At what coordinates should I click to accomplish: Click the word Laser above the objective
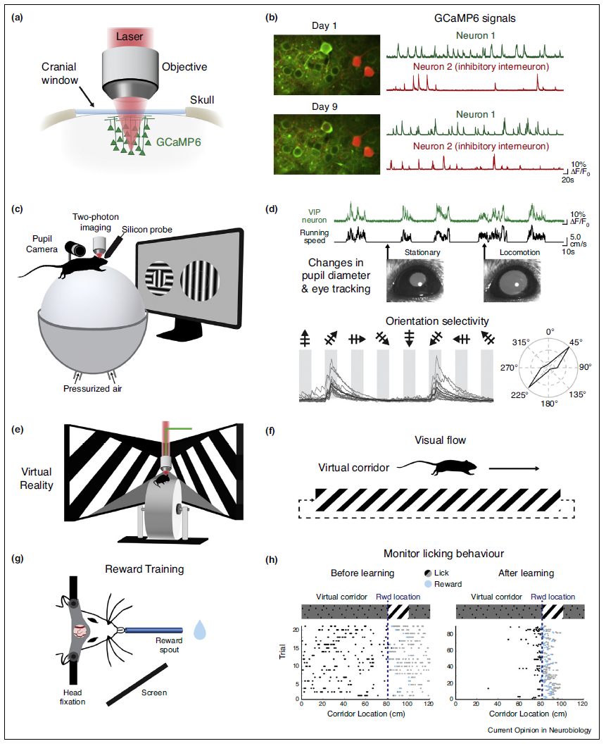coord(130,37)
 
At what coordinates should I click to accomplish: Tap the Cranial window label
coord(59,73)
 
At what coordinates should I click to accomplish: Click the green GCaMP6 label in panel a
coord(178,142)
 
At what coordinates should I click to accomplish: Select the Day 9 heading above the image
coord(324,106)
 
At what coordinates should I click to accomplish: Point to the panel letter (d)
coord(272,209)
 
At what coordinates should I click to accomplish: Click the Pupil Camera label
coord(42,244)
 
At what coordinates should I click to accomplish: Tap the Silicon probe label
coord(147,230)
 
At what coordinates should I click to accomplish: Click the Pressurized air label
coord(93,389)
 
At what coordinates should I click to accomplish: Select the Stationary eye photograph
coord(415,280)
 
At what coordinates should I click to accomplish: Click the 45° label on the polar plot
coord(576,342)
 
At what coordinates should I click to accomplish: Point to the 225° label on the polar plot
coord(519,395)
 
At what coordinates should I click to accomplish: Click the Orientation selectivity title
coord(437,321)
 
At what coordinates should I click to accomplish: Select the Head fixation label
coord(72,697)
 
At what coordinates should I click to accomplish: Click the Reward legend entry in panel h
coord(443,584)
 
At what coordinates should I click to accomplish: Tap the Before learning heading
coord(362,573)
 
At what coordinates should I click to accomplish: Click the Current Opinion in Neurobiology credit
coord(539,730)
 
